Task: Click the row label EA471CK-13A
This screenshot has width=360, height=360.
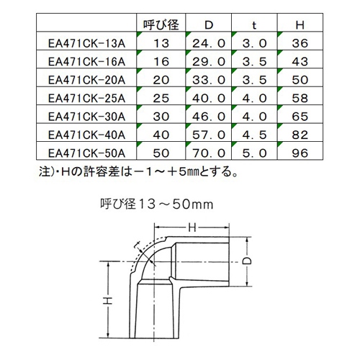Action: click(86, 43)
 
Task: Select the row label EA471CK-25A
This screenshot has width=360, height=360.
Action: click(86, 99)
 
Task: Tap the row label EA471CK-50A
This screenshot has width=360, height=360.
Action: click(86, 153)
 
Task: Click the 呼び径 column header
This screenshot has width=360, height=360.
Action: click(161, 24)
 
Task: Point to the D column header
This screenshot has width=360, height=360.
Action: click(209, 25)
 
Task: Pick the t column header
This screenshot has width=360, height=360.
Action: click(254, 25)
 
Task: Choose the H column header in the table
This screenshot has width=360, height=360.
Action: click(300, 25)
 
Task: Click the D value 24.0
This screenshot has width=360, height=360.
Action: click(209, 43)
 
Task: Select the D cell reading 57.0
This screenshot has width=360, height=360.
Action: click(209, 135)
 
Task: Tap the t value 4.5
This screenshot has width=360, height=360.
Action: click(254, 135)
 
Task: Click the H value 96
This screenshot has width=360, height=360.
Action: click(300, 153)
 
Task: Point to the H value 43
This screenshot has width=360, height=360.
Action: click(300, 62)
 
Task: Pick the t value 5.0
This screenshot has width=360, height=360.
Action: click(254, 153)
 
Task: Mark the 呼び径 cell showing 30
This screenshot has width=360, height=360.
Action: click(161, 117)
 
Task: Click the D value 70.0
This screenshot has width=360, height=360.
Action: click(209, 153)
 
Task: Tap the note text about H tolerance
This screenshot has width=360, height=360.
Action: click(138, 171)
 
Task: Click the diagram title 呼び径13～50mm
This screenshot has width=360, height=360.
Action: click(157, 204)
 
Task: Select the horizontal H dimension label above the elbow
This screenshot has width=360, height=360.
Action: click(192, 228)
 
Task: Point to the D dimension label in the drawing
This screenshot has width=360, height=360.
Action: click(247, 261)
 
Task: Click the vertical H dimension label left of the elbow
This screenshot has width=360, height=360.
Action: click(108, 300)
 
